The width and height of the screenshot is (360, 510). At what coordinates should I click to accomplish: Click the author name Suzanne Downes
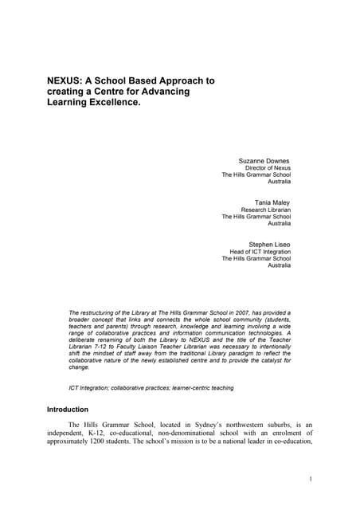tap(264, 160)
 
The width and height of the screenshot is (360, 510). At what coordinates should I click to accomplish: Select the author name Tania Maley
tap(272, 202)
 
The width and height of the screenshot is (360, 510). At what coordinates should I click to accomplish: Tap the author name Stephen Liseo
tap(269, 244)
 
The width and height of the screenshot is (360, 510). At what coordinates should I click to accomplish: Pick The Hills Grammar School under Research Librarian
tap(256, 217)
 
